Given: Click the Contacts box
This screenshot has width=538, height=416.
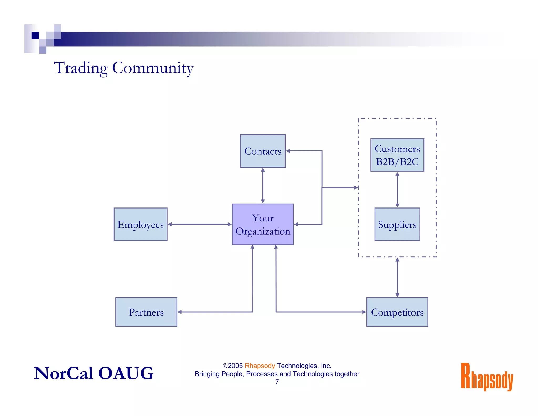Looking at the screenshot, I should click(263, 151).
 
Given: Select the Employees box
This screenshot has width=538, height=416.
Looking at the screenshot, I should click(141, 224).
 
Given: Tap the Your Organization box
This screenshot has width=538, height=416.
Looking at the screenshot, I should click(263, 224).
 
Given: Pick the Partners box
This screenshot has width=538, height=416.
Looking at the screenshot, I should click(146, 312).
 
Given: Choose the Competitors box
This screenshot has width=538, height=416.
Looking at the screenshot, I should click(397, 312).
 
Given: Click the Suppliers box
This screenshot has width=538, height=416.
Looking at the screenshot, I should click(397, 224).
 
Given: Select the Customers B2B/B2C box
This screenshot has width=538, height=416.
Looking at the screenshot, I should click(397, 155).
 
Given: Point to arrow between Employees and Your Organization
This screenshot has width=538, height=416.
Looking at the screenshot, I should click(200, 224).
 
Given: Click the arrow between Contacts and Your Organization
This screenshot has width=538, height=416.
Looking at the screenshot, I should click(263, 185).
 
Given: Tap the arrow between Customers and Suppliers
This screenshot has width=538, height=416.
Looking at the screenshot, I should click(397, 190).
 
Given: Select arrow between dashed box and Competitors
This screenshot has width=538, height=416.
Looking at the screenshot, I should click(397, 277).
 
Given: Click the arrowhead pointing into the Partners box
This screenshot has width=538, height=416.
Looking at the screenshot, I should click(180, 312).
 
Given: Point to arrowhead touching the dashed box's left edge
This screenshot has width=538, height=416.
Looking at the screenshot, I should click(356, 187).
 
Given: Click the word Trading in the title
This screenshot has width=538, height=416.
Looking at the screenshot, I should click(81, 68).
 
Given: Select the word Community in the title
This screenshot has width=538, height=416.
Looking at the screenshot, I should click(153, 68).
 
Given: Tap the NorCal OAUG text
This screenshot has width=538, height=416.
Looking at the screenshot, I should click(94, 373).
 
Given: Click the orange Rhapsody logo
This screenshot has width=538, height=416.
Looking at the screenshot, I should click(487, 377).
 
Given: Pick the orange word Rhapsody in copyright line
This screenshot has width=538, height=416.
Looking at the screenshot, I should click(260, 366).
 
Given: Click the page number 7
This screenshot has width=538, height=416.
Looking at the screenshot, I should click(277, 382).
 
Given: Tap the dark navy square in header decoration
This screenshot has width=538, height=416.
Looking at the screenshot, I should click(35, 35).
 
